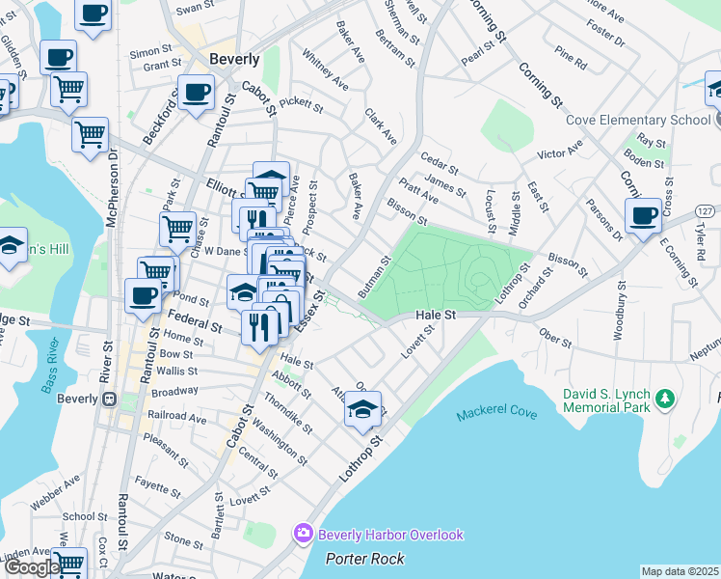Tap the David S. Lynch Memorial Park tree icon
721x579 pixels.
click(x=664, y=399)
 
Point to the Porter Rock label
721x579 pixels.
click(x=365, y=559)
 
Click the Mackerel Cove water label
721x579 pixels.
click(x=495, y=412)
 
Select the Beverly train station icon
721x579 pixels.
click(x=109, y=399)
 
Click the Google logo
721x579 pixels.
click(x=31, y=567)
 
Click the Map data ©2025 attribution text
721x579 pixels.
click(x=680, y=571)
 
